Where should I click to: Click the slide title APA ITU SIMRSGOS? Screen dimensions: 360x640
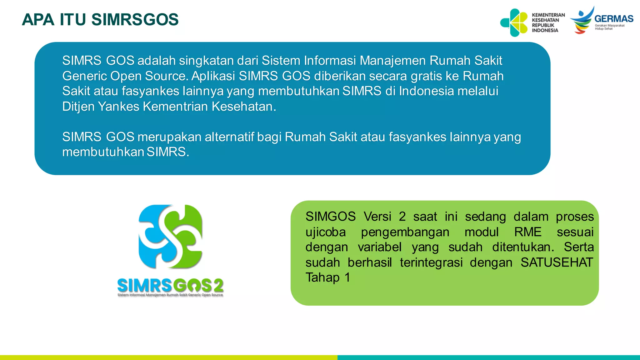coord(100,20)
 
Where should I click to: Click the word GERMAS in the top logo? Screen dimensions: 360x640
coord(614,19)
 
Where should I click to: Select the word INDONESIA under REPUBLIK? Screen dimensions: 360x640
coord(545,30)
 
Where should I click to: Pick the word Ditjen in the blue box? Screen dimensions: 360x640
coord(78,107)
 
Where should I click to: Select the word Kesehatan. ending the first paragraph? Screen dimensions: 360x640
coord(244,107)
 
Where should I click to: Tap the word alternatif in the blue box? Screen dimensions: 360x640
coord(229,137)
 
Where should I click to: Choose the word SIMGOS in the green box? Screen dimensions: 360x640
coord(331,217)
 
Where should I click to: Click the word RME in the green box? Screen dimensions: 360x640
coord(528,232)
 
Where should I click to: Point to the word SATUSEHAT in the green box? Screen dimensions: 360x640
coord(557,262)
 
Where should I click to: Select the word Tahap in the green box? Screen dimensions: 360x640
coord(322,277)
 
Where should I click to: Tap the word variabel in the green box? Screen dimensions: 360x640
coord(380,247)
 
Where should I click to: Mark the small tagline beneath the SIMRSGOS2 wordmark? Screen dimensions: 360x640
coord(170,295)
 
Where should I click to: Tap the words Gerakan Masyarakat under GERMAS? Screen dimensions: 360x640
coord(609,26)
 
